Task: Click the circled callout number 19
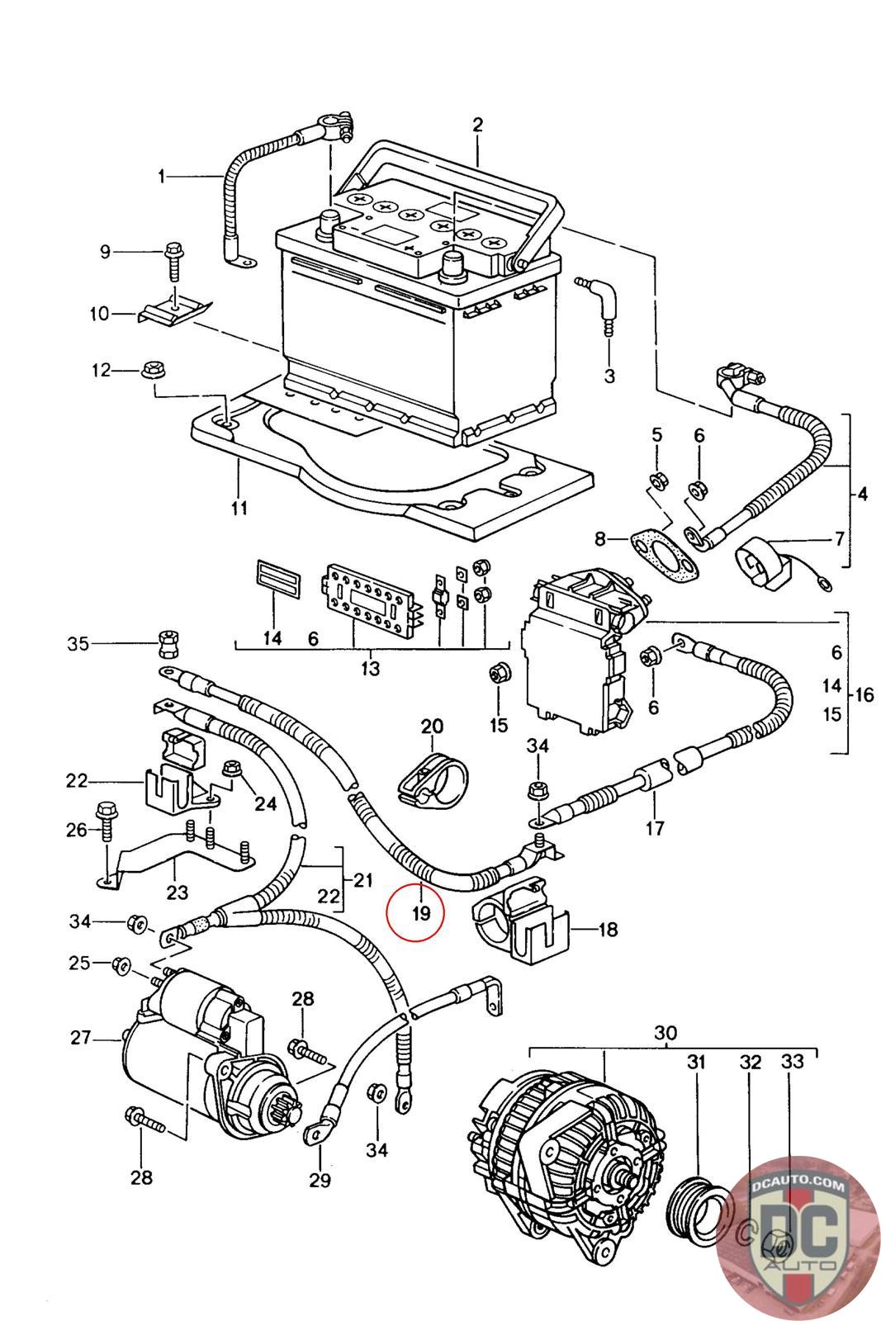pos(421,913)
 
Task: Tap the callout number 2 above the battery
pos(477,125)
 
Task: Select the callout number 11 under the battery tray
pos(239,508)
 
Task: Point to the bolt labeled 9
pos(173,262)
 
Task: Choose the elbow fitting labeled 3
pos(599,305)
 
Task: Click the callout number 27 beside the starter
pos(81,1037)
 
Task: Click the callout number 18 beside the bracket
pos(608,930)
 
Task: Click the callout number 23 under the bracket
pos(177,892)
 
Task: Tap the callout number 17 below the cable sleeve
pos(655,828)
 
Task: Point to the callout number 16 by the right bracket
pos(864,694)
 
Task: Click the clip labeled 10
pos(175,310)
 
